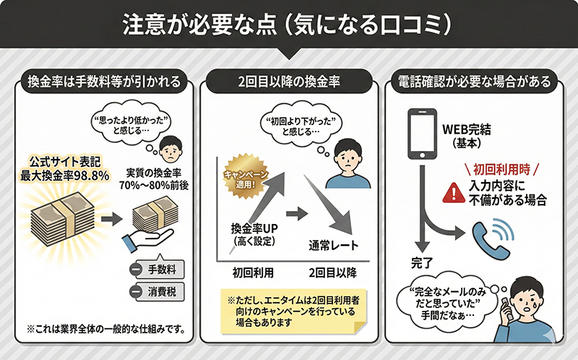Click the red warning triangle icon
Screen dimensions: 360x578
[x=454, y=192]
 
